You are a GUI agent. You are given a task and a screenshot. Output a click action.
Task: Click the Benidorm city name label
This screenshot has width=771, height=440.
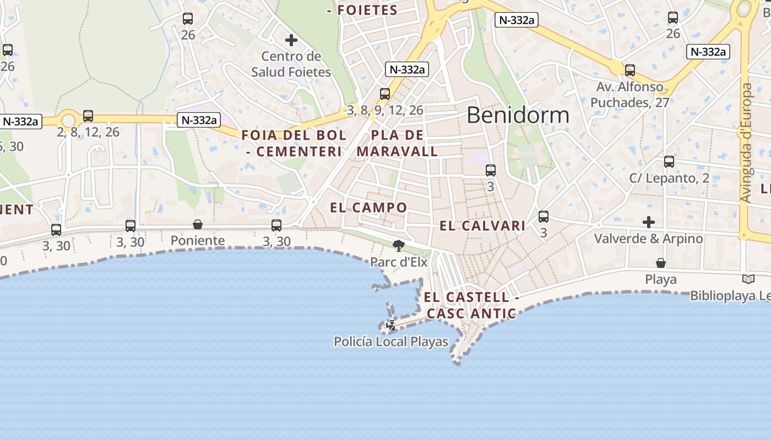point(518,115)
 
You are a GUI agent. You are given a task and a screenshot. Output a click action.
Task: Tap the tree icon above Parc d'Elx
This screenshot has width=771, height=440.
point(399,245)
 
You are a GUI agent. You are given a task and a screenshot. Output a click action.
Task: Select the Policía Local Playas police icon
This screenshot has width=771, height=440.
point(391,326)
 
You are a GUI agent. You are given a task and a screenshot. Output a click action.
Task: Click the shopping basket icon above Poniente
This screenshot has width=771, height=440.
point(198,224)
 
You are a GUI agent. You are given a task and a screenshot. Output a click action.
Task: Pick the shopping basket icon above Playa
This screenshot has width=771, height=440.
point(660,263)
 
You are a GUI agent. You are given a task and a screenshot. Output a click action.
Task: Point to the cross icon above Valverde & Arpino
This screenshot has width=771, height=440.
point(649,222)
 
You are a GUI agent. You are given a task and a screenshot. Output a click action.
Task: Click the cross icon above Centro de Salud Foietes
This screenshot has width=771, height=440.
point(291,40)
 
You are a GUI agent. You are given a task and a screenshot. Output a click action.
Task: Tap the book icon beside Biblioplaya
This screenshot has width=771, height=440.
point(748,279)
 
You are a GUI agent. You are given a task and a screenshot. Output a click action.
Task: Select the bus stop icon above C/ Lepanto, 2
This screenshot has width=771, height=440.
point(669,162)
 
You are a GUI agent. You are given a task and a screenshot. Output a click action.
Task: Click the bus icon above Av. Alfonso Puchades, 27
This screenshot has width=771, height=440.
point(630,70)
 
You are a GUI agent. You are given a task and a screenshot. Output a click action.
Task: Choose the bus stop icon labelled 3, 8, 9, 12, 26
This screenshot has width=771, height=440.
point(385,94)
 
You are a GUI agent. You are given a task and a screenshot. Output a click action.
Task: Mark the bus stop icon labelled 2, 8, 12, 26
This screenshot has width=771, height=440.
point(88,116)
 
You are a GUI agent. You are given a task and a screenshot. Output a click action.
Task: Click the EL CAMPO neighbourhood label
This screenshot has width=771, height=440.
point(368,207)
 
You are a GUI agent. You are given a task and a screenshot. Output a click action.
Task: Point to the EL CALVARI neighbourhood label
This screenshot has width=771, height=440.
point(482,226)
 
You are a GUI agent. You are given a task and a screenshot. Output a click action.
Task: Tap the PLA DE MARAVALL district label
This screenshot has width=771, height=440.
point(397,143)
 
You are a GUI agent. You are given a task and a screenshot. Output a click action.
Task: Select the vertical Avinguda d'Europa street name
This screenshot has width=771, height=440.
point(746,143)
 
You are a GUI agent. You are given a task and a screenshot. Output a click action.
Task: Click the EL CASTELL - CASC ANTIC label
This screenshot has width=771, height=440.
point(471,305)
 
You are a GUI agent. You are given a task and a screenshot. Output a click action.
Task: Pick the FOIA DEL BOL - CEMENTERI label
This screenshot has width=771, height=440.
point(294,143)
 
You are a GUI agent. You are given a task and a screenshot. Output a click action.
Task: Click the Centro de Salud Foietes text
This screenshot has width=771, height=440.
point(291,64)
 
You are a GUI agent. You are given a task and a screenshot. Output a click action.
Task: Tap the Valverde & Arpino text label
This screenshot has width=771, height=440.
point(648,239)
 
